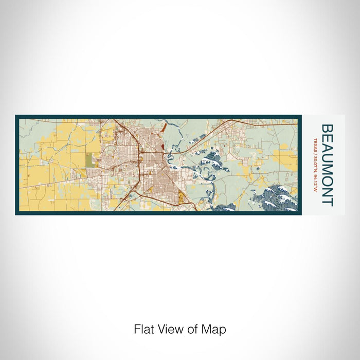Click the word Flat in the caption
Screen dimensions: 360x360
pos(143,329)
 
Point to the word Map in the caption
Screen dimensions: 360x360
pos(215,329)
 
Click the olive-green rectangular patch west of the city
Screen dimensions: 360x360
pos(91,160)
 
